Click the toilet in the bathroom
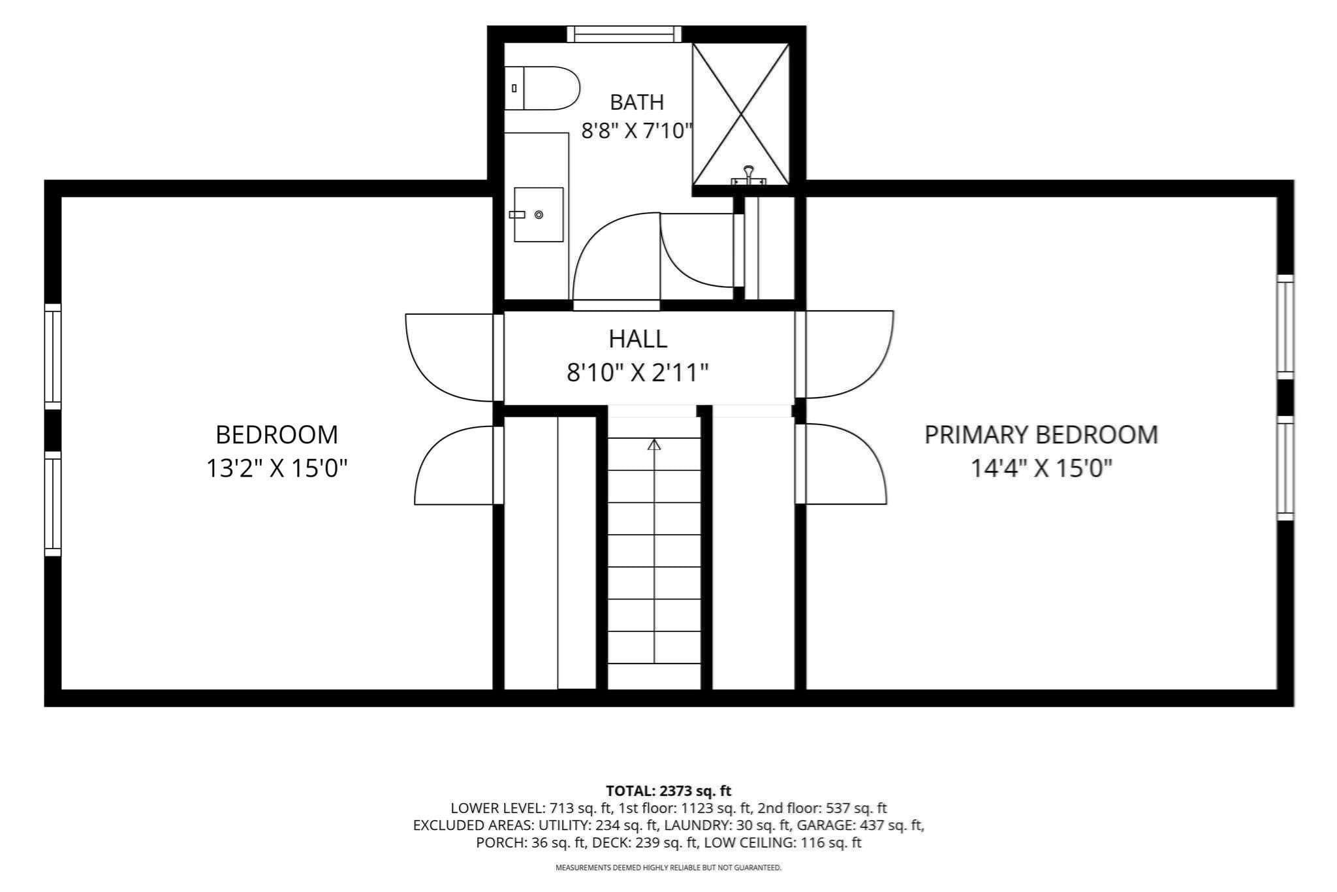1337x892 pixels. (x=542, y=88)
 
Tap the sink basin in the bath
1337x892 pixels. (x=539, y=214)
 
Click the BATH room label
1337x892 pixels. (x=637, y=103)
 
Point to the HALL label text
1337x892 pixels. (x=638, y=339)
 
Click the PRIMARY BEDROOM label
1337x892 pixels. (x=1041, y=435)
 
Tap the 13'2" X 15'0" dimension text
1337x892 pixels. (x=277, y=468)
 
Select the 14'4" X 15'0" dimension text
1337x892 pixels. (x=1041, y=468)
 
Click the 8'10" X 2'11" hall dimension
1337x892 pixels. (x=638, y=373)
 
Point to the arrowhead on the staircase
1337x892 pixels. (x=654, y=445)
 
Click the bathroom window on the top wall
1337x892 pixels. (x=623, y=34)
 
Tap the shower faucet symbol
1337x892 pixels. (x=748, y=175)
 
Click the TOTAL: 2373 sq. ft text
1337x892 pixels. (x=668, y=791)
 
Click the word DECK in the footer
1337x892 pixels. (x=609, y=842)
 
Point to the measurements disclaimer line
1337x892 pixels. (x=668, y=868)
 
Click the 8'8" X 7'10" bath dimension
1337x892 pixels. (x=637, y=131)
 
